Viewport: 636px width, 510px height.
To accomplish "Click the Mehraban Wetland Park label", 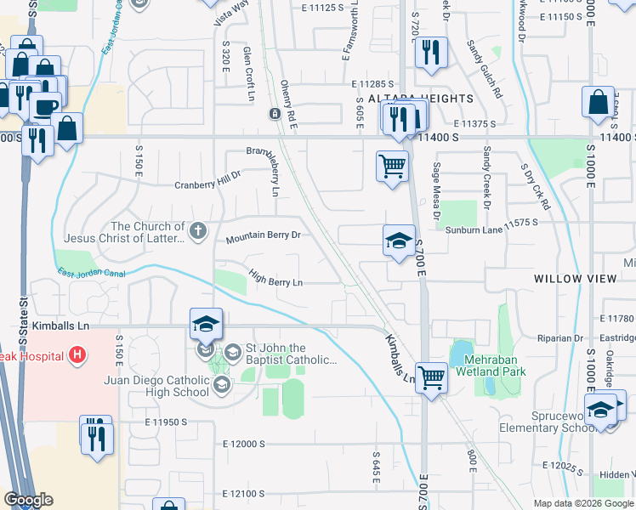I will [491, 365].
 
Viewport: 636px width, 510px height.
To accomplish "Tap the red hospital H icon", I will [77, 354].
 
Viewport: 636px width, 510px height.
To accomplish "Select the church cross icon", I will [197, 230].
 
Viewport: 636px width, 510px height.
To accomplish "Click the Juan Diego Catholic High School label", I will [156, 386].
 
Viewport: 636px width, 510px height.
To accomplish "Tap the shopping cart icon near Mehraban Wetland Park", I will [432, 377].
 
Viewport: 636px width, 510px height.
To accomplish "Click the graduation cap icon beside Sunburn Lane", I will [398, 241].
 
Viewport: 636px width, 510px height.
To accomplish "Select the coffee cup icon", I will [44, 106].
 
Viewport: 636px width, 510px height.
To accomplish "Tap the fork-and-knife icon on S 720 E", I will [431, 53].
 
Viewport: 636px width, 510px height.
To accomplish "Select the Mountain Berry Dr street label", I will [264, 239].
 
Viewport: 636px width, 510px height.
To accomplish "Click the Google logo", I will [27, 500].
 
